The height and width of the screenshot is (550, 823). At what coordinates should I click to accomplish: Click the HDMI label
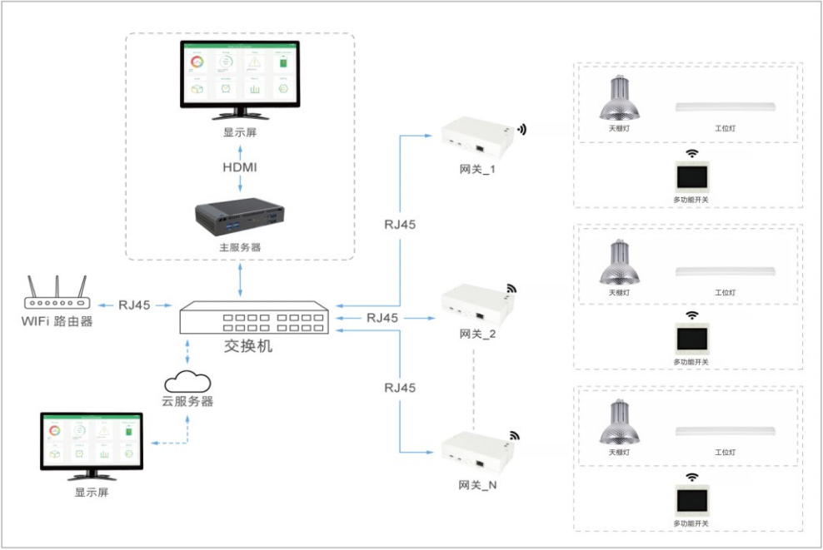240,167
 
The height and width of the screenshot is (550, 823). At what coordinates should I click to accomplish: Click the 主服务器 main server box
240,217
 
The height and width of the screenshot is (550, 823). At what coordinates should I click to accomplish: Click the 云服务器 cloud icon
187,382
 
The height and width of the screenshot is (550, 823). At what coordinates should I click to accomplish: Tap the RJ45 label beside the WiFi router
134,305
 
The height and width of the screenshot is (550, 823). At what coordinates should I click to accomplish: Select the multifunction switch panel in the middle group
691,336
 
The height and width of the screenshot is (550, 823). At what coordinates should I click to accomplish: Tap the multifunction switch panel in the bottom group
691,498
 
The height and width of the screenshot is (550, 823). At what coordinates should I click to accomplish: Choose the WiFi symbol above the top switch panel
691,154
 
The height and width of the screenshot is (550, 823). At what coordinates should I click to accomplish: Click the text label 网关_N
477,484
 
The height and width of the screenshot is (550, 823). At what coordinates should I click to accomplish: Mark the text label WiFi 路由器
57,320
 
